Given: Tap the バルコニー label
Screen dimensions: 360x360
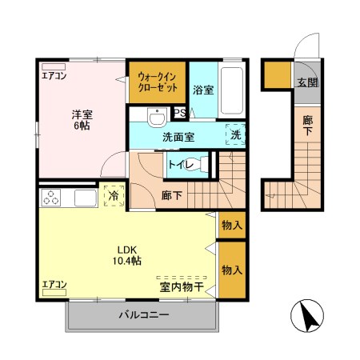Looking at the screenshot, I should point(144,315).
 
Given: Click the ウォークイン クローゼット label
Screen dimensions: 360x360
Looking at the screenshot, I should point(158,81).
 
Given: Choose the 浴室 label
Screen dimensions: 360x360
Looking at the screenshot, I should point(203,90).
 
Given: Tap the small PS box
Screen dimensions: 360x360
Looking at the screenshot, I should point(180,113).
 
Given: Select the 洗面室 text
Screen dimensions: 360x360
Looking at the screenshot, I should point(178,136).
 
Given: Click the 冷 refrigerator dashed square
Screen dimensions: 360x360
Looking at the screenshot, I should point(114,195).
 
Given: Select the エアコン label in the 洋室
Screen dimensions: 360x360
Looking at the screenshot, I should point(54,78).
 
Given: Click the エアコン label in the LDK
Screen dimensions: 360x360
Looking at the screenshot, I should point(54,284).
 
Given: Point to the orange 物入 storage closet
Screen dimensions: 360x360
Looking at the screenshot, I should point(232,270).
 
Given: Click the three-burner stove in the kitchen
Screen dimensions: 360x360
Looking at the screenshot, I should point(53,198).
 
